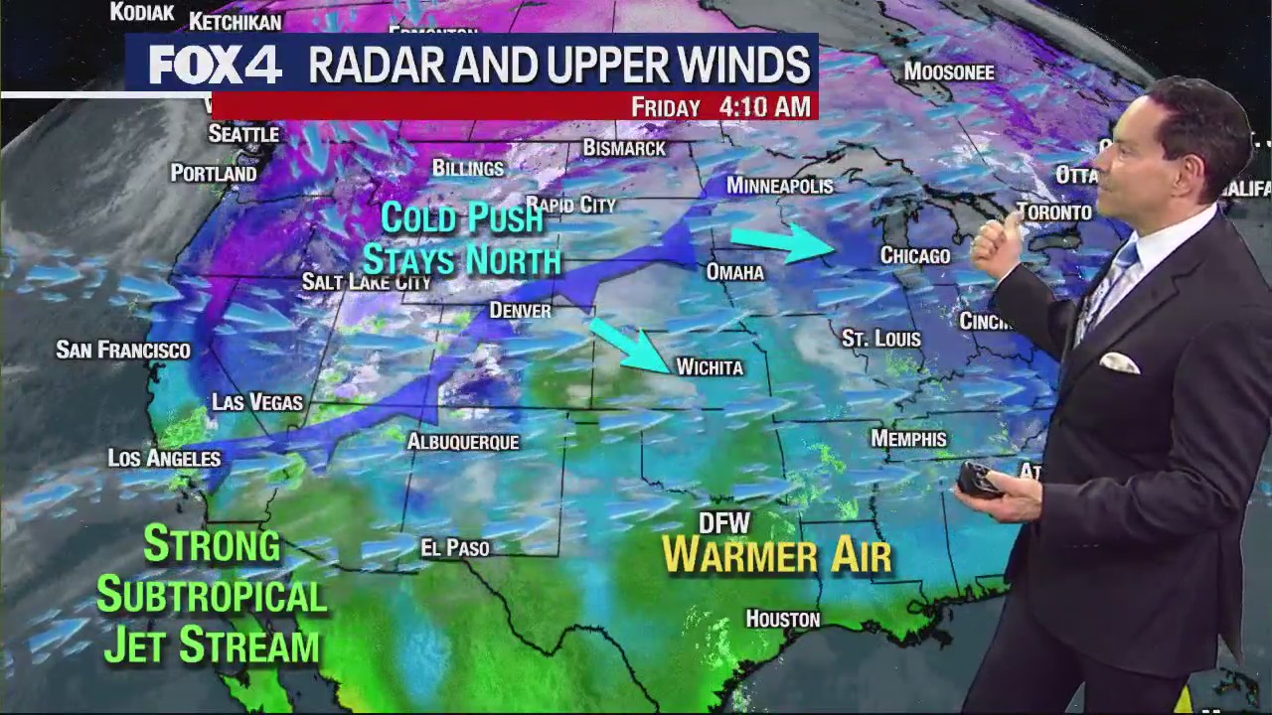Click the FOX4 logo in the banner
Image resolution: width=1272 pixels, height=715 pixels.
click(x=216, y=66)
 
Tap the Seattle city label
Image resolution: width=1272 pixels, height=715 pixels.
click(x=243, y=134)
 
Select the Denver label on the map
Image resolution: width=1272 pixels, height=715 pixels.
click(x=520, y=311)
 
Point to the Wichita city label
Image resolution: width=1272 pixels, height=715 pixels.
click(x=710, y=367)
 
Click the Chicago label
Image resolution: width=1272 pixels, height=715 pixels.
click(x=915, y=256)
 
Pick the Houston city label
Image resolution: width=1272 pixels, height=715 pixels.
click(x=783, y=620)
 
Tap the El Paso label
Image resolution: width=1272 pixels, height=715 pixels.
click(x=455, y=548)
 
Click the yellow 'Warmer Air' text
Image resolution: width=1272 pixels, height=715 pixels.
click(x=776, y=556)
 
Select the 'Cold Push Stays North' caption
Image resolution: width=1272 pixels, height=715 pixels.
click(x=462, y=238)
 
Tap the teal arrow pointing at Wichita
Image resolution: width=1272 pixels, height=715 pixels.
click(x=630, y=345)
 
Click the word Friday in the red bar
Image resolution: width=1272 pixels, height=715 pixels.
click(x=666, y=107)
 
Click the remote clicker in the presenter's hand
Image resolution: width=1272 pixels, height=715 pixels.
click(x=978, y=481)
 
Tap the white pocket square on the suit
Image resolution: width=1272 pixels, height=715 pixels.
click(x=1119, y=362)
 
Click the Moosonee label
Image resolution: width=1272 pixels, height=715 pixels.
click(x=949, y=72)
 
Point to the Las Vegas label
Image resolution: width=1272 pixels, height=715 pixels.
click(x=257, y=402)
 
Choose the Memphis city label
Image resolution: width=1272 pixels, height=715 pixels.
click(x=908, y=439)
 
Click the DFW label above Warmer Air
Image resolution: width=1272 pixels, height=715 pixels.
click(x=724, y=523)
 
